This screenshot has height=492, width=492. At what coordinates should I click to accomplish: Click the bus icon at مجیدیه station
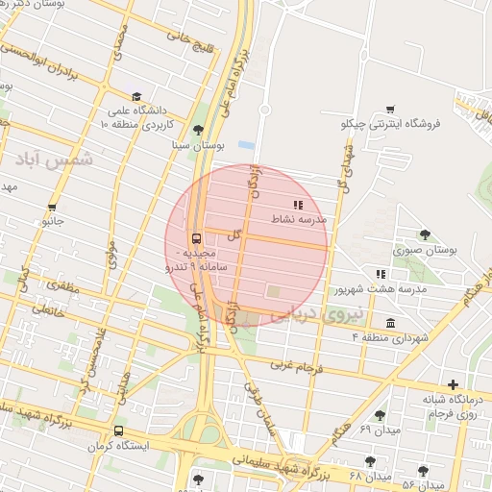point(197,238)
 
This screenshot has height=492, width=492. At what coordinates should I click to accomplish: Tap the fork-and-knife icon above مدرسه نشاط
point(299,204)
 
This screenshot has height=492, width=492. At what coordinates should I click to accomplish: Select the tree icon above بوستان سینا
point(198,130)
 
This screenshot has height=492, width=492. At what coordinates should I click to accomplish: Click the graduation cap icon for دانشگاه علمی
point(137,96)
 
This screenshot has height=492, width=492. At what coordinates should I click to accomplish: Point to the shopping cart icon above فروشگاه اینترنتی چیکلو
point(390,109)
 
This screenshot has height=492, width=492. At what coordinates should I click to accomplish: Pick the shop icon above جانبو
point(52,207)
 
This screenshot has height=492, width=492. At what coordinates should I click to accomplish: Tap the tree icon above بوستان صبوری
point(425,234)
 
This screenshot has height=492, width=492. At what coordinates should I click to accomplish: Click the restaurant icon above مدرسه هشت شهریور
point(381,274)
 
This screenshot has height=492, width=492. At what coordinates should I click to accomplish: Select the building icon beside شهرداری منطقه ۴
point(390,322)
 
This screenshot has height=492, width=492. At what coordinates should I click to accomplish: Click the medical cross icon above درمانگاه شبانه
point(453,384)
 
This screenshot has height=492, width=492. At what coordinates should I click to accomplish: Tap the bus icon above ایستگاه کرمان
point(118,431)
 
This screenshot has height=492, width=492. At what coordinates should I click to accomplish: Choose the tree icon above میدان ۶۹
point(380,414)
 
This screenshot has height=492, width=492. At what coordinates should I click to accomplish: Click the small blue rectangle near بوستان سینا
point(246,145)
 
